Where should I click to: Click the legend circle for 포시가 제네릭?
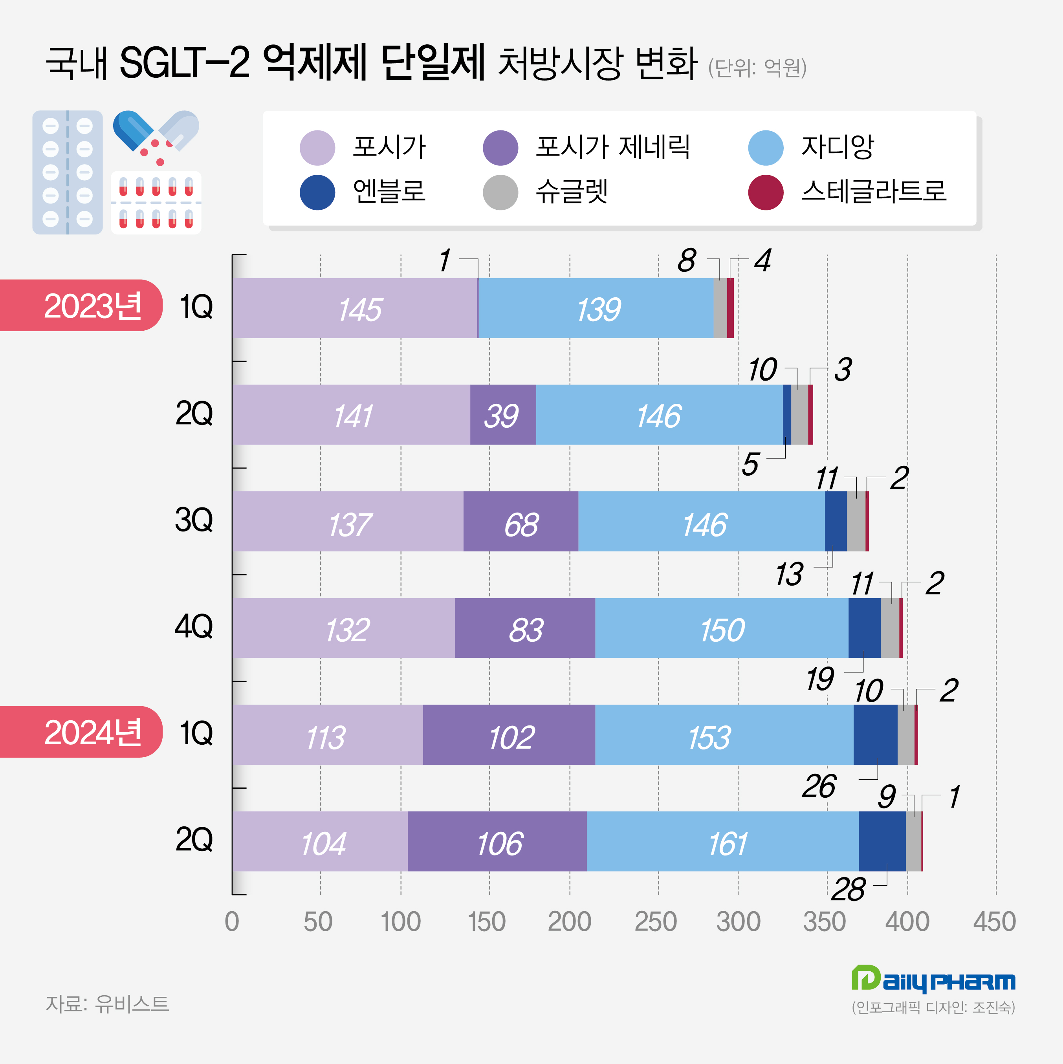500,148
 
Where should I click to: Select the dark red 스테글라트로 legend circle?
766,192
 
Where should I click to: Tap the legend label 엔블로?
389,192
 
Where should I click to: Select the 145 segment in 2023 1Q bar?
355,308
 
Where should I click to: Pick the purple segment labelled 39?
502,415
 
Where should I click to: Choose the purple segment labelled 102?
509,734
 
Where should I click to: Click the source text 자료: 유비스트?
107,1004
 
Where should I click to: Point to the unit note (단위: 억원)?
757,68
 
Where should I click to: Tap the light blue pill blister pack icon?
67,172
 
